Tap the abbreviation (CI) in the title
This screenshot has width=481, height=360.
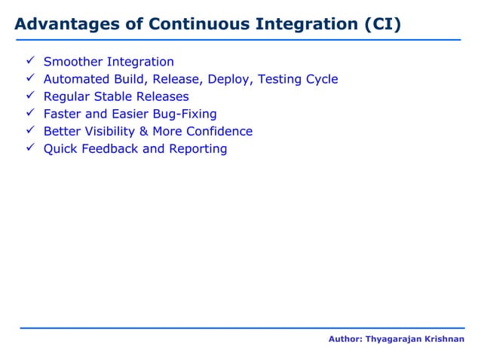click(x=382, y=25)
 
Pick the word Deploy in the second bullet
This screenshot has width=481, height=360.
click(x=231, y=79)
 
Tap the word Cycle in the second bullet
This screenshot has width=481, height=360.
click(x=320, y=79)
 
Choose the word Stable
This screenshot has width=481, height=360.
click(x=114, y=96)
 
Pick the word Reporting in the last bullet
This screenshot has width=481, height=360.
click(x=198, y=149)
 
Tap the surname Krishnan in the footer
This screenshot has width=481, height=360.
click(x=444, y=340)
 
